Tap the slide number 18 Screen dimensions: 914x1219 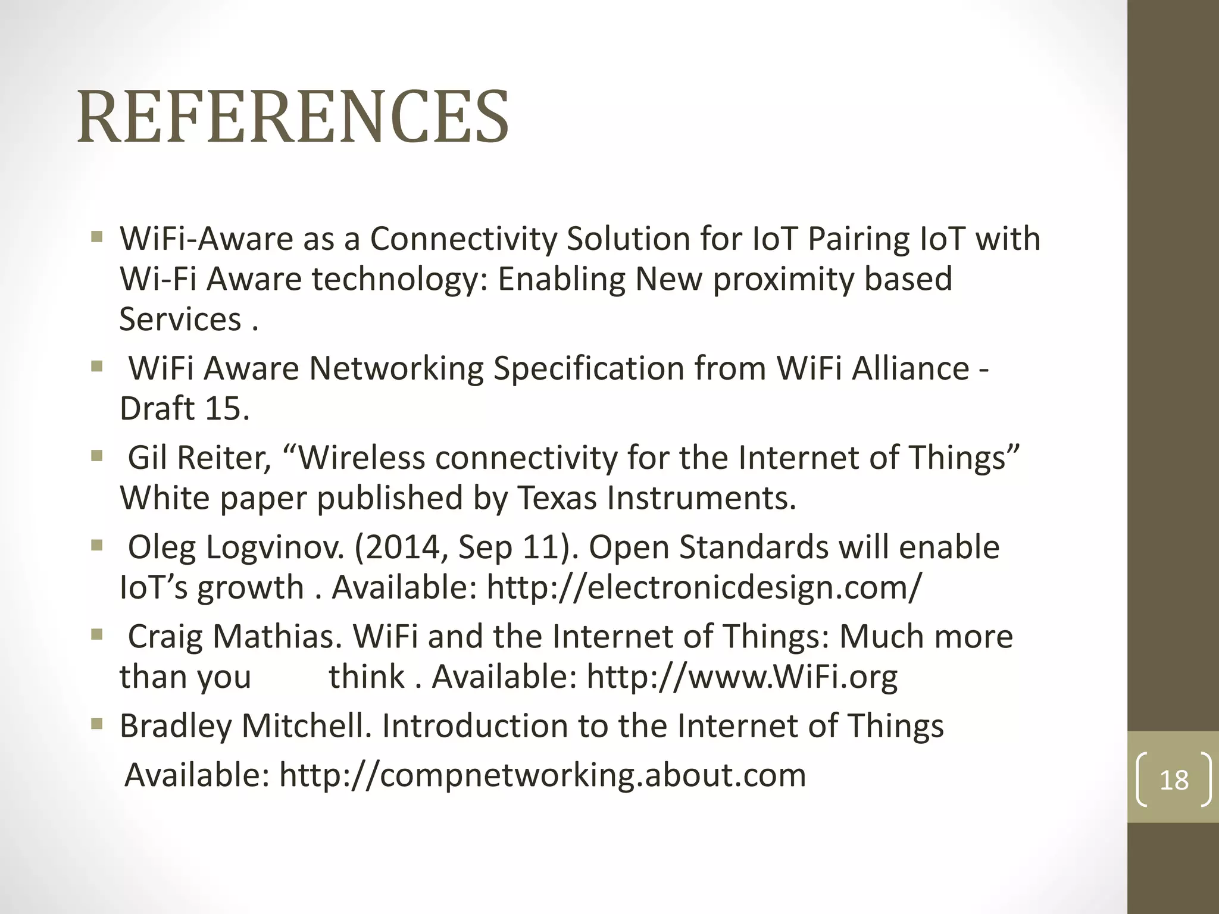1174,780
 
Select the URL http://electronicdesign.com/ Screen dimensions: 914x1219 704,587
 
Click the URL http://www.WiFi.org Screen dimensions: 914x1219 742,677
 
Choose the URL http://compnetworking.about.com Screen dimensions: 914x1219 542,775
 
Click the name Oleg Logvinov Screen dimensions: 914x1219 236,547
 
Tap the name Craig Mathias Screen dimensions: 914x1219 235,637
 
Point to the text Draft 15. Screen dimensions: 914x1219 185,409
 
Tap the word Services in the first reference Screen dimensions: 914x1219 180,320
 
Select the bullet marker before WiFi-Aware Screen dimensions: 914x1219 97,237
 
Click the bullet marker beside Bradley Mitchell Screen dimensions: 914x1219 97,724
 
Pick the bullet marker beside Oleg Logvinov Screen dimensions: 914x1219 97,546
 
